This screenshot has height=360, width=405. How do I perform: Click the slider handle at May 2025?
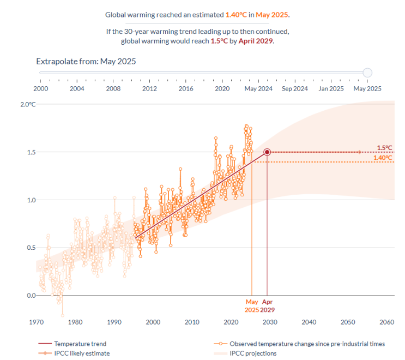(x=367, y=73)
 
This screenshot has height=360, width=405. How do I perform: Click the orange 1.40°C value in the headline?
(x=237, y=15)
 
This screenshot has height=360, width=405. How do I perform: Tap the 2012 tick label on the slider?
(x=149, y=88)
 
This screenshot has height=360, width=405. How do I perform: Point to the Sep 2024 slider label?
(x=294, y=88)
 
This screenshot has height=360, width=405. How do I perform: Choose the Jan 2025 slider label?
(x=331, y=88)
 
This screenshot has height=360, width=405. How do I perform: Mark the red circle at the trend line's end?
(x=267, y=152)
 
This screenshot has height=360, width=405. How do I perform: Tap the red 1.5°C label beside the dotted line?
(x=384, y=147)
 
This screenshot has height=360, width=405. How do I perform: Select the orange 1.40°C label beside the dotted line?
(x=383, y=158)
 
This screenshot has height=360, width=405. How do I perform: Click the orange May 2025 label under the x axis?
(x=252, y=305)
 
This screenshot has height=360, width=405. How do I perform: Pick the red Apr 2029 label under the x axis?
(x=268, y=305)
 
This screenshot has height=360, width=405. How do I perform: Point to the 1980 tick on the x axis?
(x=75, y=321)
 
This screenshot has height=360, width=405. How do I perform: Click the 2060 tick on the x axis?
(x=386, y=321)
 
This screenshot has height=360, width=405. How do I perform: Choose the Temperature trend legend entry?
(x=80, y=344)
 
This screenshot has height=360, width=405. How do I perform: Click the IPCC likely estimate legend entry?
(x=82, y=353)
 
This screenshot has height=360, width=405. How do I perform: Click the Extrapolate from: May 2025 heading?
(x=86, y=61)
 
